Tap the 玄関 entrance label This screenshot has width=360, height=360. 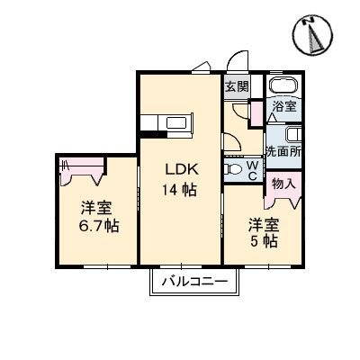pos(236,86)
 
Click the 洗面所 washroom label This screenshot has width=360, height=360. pos(283,151)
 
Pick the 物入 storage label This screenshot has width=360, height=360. pos(283,183)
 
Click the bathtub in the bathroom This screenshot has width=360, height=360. pos(283,85)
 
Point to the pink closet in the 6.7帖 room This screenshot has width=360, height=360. pos(81,166)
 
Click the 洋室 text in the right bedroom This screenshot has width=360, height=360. pos(265,224)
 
